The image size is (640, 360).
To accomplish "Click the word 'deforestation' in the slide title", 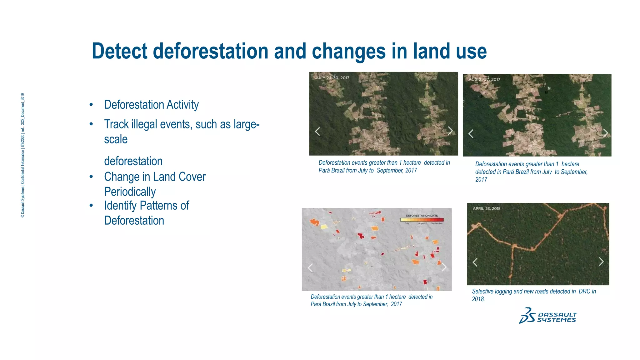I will (211, 51).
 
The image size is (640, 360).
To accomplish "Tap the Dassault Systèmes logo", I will (547, 316).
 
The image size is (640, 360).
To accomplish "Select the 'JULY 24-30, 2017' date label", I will (332, 78).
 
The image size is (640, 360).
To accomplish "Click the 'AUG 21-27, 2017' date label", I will (484, 79).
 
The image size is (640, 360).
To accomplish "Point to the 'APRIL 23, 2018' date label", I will (486, 208).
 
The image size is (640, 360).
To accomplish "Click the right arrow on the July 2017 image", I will (450, 131).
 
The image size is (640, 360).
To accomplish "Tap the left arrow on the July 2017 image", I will (317, 132).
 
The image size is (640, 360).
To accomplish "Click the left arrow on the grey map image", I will (310, 268).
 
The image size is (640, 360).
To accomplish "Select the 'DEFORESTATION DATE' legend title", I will (422, 216).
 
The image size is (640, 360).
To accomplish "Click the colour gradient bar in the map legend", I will (422, 220).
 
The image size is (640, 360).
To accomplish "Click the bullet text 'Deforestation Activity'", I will (151, 105).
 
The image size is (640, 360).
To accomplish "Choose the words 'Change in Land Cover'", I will (155, 177).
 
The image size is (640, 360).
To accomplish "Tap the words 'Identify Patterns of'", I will (146, 206).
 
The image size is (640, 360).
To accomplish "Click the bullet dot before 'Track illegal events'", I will (91, 124).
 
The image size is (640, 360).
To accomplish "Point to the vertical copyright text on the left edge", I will (22, 155).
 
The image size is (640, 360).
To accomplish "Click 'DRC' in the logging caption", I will (584, 291).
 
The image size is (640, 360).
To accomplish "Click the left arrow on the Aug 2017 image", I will (471, 134).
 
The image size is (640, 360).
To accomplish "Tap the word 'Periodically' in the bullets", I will (130, 192).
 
